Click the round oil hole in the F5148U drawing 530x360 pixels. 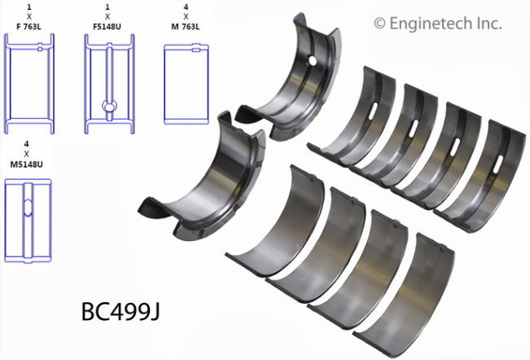click(108, 105)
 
